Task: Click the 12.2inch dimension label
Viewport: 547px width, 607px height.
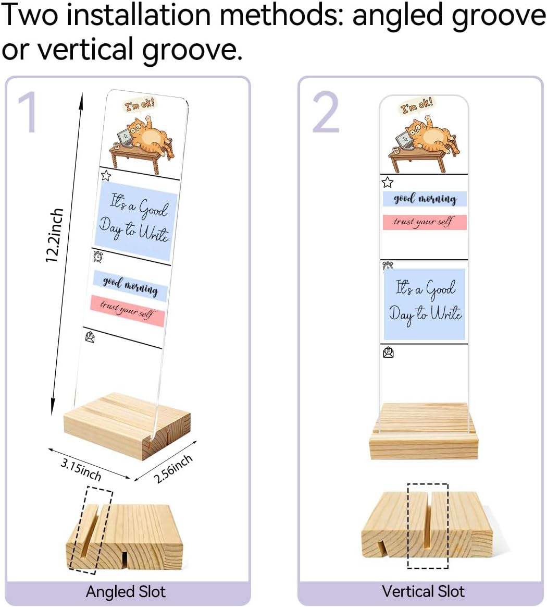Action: tap(54, 235)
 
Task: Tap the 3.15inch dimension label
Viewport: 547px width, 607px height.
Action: tap(81, 469)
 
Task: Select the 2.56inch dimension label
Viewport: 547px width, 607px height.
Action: tap(173, 469)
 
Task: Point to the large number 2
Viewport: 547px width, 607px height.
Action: tap(326, 112)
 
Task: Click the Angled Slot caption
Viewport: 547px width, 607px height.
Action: tap(126, 592)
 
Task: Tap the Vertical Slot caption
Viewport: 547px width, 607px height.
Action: tap(423, 591)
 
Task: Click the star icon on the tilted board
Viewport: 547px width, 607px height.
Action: tap(106, 176)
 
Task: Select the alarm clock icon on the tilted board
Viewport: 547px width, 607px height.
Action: tap(98, 256)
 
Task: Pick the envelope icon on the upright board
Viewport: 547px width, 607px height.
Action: tap(389, 353)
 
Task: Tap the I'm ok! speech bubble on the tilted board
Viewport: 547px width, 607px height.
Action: tap(139, 104)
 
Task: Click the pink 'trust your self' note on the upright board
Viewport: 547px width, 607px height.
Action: tap(425, 222)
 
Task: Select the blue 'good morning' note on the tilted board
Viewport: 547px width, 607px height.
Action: tap(130, 286)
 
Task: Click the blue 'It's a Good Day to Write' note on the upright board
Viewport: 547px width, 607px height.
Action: tap(425, 304)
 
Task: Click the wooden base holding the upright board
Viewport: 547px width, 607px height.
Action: tap(424, 431)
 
